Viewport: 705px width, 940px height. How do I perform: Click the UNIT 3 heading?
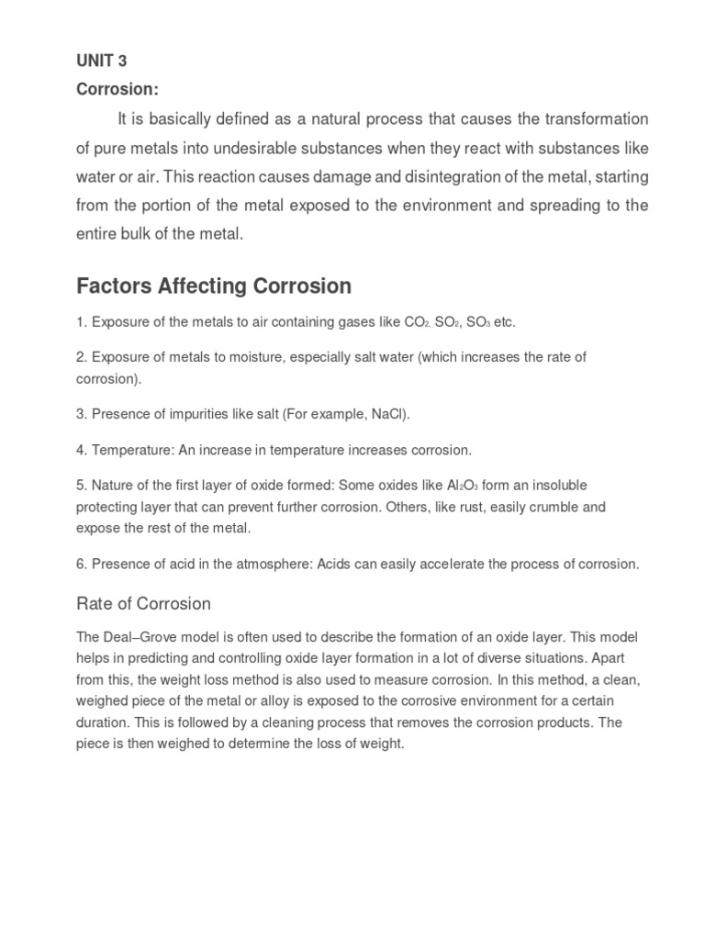point(101,62)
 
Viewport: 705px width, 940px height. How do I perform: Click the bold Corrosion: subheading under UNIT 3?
point(117,90)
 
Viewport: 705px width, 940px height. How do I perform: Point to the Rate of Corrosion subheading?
point(143,604)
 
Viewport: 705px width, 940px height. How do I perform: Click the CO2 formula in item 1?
point(416,323)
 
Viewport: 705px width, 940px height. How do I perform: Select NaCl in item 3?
point(387,414)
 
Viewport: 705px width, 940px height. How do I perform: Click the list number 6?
point(81,564)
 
